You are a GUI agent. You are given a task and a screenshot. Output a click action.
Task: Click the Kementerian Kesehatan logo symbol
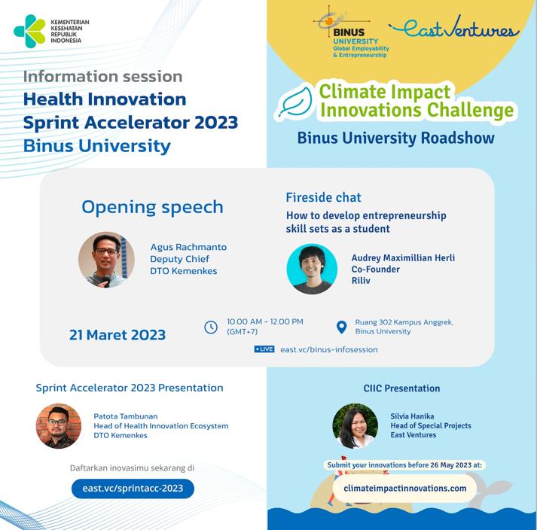29,31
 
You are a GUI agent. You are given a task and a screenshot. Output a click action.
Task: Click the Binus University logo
351,33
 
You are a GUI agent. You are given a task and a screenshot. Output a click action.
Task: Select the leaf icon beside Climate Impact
295,102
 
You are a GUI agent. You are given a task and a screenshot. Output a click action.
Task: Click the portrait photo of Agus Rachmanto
106,260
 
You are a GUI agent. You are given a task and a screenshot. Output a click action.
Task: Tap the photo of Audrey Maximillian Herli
312,269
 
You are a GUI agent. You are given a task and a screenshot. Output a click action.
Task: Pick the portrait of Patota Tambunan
59,426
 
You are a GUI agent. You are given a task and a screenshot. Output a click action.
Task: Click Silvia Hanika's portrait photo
355,426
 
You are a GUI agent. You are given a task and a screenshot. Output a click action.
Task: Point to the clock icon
211,327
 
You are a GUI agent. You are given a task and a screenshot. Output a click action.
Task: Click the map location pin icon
341,327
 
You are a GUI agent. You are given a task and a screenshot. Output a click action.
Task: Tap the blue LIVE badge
264,349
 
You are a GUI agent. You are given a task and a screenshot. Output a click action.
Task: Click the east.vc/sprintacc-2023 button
133,489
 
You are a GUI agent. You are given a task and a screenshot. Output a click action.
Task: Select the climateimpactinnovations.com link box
404,489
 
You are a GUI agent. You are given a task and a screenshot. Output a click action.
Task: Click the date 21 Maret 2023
117,335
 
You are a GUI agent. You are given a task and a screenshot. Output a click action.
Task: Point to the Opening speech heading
152,208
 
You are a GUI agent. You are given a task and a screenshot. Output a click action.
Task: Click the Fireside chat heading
323,197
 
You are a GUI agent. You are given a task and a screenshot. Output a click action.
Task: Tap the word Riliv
361,280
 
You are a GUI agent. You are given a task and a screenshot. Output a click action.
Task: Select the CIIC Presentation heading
401,388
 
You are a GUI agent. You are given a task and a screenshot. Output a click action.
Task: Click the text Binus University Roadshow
396,138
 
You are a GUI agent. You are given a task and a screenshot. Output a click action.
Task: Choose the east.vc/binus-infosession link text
329,349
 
